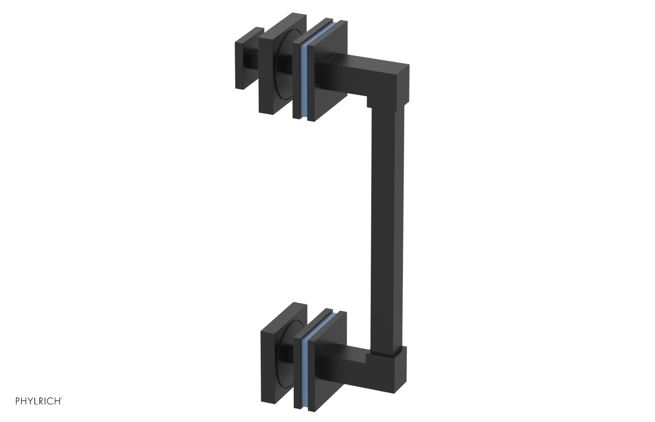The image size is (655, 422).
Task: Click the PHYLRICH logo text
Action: coord(38,401)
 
